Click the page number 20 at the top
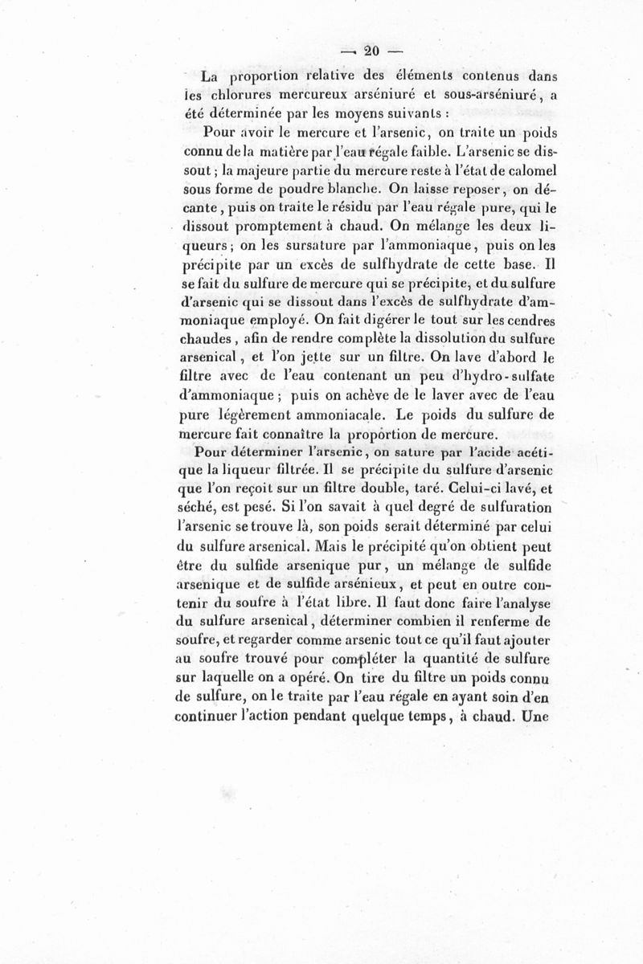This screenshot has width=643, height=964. tap(371, 51)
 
